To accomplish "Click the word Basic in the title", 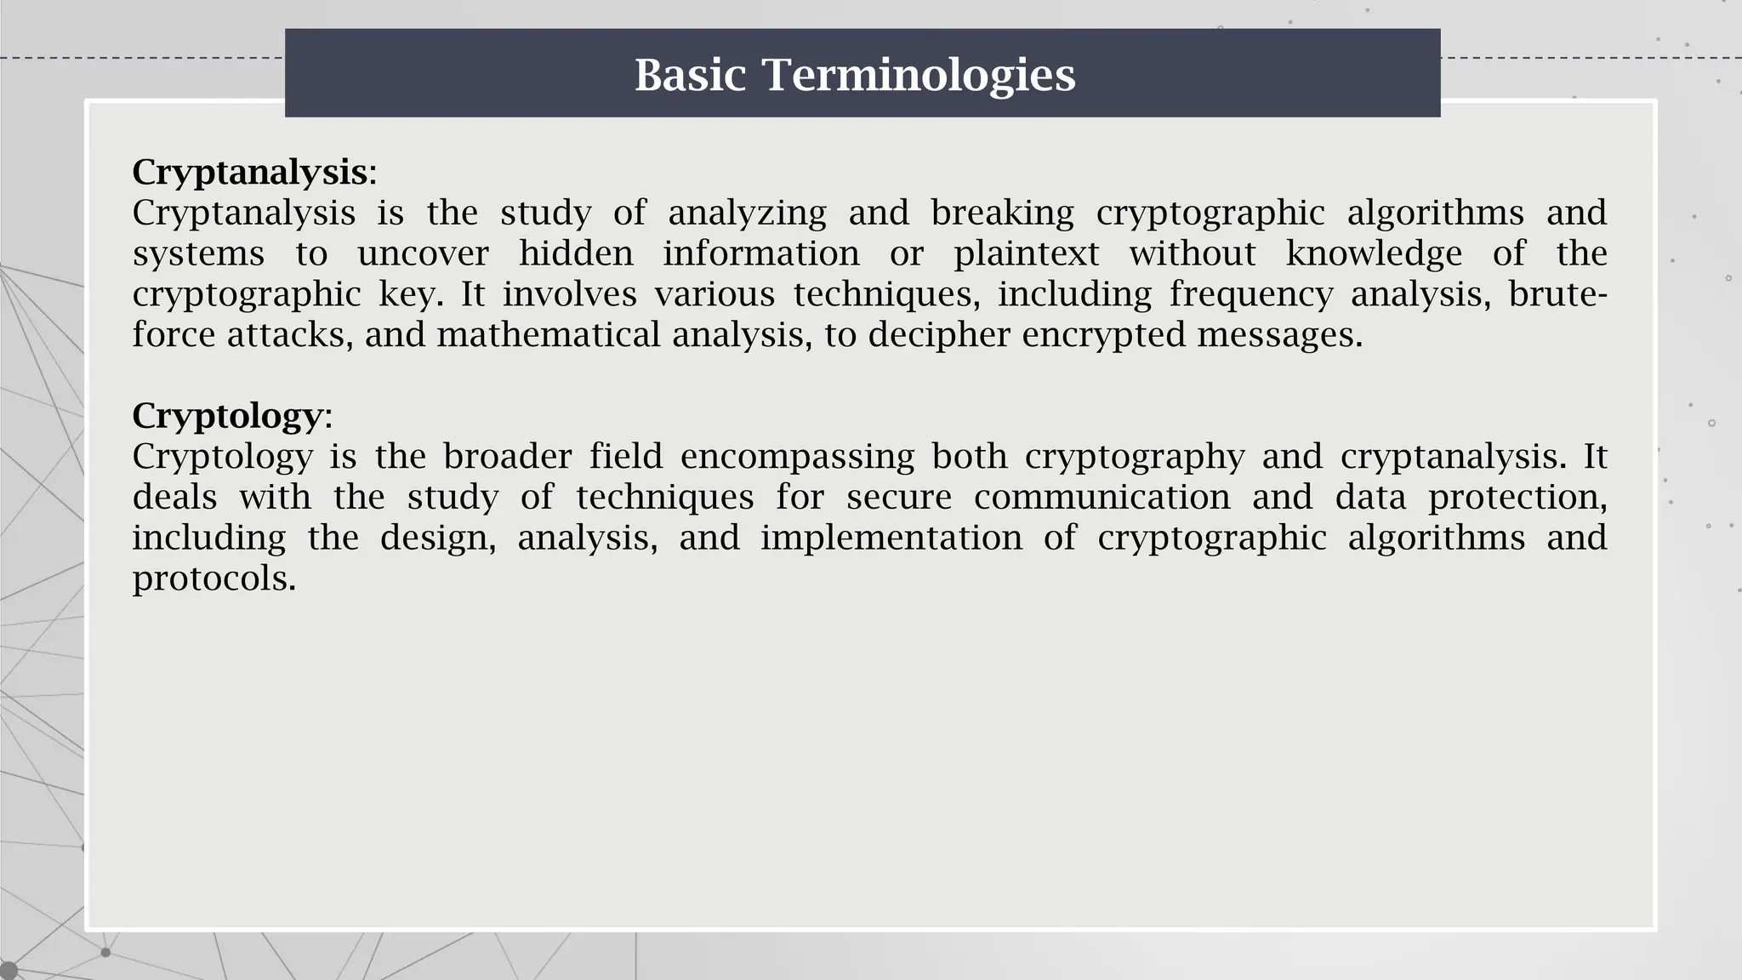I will pyautogui.click(x=690, y=75).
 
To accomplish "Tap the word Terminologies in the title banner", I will pyautogui.click(x=919, y=75).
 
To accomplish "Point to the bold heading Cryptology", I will pyautogui.click(x=227, y=416).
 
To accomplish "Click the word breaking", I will pyautogui.click(x=1002, y=213).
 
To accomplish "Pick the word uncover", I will pyautogui.click(x=423, y=254).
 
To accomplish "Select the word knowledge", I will pyautogui.click(x=1374, y=254).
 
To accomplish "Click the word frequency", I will pyautogui.click(x=1250, y=294).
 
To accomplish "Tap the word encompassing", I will pyautogui.click(x=797, y=457).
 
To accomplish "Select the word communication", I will pyautogui.click(x=1102, y=497).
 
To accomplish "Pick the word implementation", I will pyautogui.click(x=891, y=538).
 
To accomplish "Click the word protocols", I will pyautogui.click(x=213, y=578).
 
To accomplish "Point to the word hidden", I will pyautogui.click(x=576, y=254).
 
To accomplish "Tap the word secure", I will pyautogui.click(x=898, y=497).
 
